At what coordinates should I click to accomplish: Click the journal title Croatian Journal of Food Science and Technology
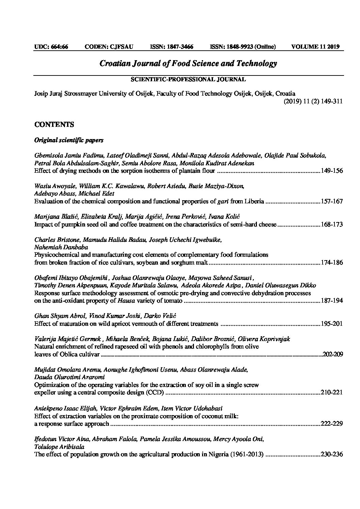(x=188, y=64)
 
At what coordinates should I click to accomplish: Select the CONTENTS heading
(x=54, y=124)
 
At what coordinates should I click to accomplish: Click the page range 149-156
(x=332, y=171)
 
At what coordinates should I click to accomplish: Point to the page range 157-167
(x=332, y=201)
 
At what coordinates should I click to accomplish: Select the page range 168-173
(x=332, y=224)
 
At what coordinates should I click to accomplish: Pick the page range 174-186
(x=332, y=262)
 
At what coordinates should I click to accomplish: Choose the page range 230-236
(x=332, y=454)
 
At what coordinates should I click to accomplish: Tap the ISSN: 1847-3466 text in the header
(x=171, y=47)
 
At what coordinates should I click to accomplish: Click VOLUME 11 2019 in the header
(x=315, y=47)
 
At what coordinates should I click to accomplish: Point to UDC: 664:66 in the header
(x=51, y=47)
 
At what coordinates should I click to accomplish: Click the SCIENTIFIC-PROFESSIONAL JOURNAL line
(x=188, y=80)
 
